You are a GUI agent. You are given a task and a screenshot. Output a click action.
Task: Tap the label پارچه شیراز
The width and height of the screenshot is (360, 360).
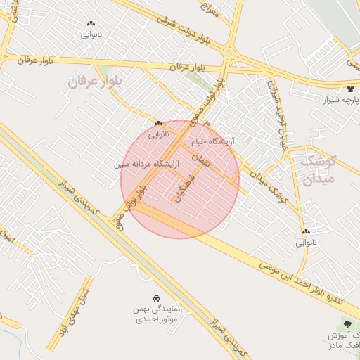pos(341,100)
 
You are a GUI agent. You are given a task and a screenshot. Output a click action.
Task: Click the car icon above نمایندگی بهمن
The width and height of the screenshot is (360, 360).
pos(156,297)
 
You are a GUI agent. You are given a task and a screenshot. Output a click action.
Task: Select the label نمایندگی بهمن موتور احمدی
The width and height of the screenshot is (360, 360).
pos(156,314)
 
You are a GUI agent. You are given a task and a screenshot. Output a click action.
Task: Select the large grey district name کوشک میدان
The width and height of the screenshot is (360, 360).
pos(318,169)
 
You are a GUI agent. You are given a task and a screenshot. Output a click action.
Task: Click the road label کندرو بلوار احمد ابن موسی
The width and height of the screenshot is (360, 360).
pos(307,283)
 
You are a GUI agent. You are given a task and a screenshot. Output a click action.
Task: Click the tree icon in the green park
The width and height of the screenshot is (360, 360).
pos(346,323)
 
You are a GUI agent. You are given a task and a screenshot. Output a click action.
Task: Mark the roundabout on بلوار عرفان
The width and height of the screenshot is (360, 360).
pos(228,52)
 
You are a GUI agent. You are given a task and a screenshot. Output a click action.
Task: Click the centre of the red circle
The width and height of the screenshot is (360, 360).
pos(180,179)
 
